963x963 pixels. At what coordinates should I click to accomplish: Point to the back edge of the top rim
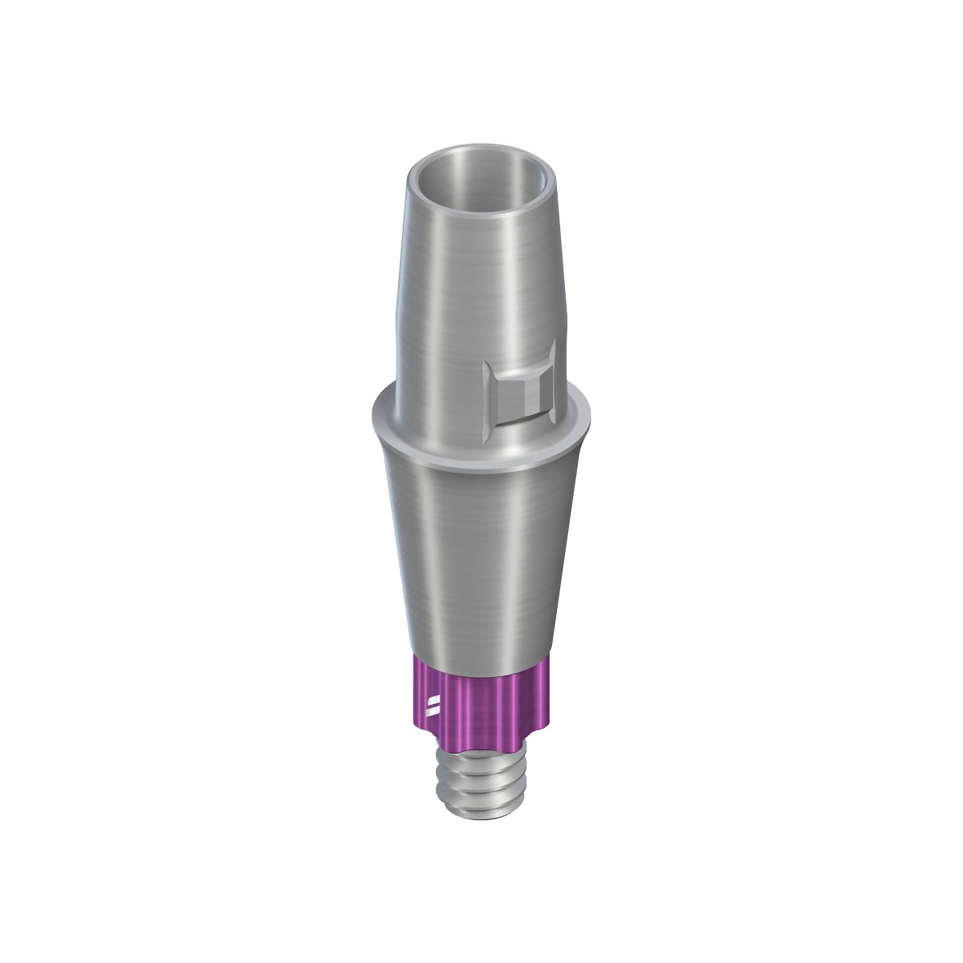(481, 147)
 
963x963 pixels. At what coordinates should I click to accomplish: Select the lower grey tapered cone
(481, 562)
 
